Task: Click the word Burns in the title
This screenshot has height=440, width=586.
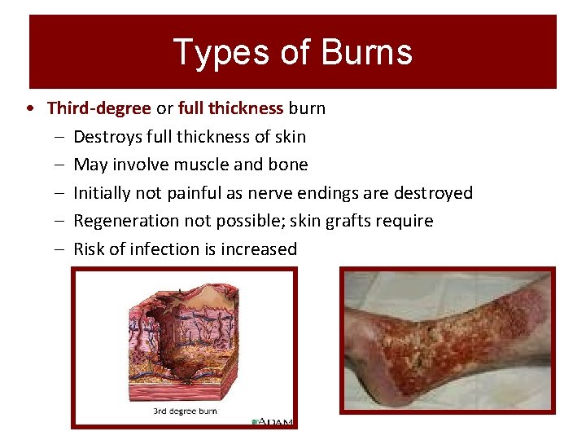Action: tap(367, 52)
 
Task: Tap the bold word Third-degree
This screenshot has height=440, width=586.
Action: tap(98, 108)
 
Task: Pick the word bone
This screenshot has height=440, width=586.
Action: tap(289, 165)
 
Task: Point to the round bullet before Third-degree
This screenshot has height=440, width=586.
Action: tap(29, 108)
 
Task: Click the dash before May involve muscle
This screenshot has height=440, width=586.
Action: tap(60, 165)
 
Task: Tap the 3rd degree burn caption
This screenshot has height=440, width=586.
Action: tap(185, 411)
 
